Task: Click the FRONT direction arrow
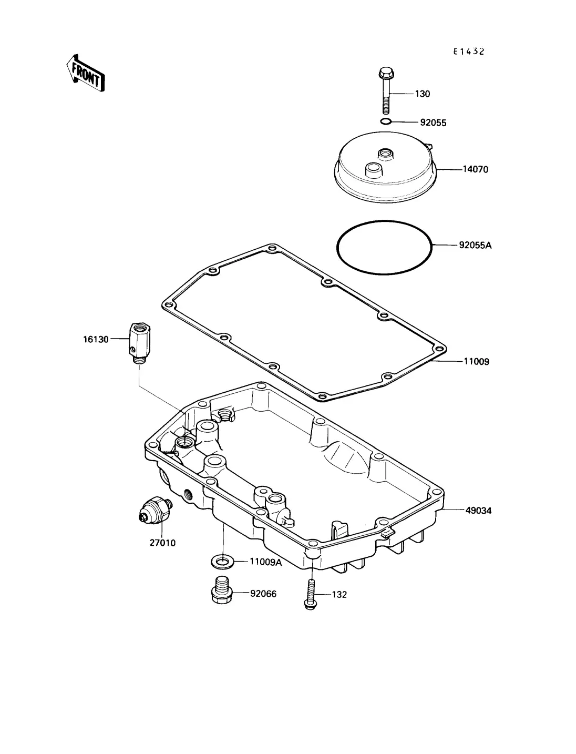tap(85, 73)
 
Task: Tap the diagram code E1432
tap(469, 52)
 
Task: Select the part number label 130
tap(422, 94)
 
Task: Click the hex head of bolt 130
tap(386, 73)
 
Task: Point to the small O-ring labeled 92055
tap(386, 121)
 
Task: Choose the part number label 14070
tap(476, 169)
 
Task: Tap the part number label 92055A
tap(476, 245)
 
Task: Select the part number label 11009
tap(477, 361)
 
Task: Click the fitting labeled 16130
tap(140, 343)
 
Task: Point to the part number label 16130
tap(96, 339)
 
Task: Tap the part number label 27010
tap(162, 543)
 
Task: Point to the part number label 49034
tap(478, 511)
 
